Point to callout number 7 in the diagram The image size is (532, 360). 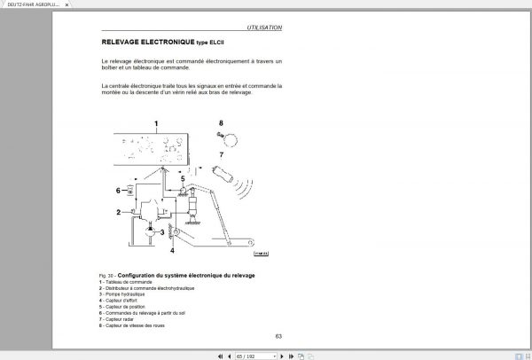221,154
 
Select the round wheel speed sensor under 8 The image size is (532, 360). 231,137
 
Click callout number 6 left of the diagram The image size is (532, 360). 117,190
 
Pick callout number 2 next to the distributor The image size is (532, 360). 118,212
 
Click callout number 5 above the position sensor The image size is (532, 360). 183,177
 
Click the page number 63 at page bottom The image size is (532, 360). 278,335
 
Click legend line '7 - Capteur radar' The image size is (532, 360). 123,319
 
